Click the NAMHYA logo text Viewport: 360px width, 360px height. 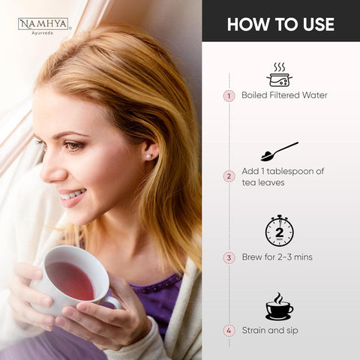[x=43, y=24]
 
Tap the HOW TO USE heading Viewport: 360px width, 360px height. [x=280, y=24]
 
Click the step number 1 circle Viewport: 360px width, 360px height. [x=229, y=96]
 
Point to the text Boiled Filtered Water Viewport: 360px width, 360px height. [x=284, y=96]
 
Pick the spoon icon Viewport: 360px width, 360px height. [x=278, y=151]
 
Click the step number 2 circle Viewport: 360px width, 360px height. [x=229, y=176]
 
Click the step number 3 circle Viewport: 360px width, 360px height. [x=229, y=257]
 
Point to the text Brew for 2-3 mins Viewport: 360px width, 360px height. [x=277, y=257]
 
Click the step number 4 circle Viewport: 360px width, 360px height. [x=229, y=330]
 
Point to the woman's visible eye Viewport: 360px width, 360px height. [x=73, y=145]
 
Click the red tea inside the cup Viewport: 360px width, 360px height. [x=70, y=280]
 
